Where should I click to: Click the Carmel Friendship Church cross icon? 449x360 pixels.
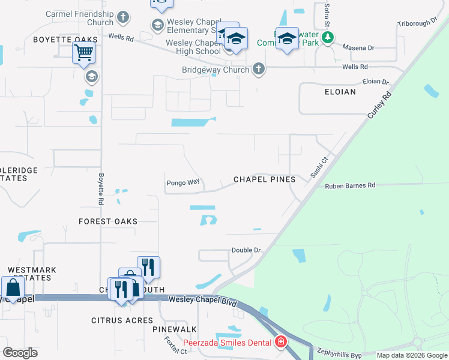click(123, 17)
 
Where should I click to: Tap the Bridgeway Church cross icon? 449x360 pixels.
click(259, 70)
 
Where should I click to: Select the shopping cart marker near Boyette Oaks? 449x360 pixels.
click(83, 53)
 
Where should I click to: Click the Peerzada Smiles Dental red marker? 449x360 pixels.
click(280, 342)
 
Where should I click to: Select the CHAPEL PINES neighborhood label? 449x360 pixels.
click(264, 179)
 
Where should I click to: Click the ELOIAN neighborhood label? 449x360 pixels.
click(340, 92)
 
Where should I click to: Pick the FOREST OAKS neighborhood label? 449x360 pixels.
click(108, 221)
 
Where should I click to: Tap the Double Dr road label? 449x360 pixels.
click(246, 250)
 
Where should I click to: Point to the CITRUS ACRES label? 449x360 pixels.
click(122, 320)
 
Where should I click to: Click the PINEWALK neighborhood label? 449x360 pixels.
click(175, 330)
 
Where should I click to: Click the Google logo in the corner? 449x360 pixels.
click(19, 353)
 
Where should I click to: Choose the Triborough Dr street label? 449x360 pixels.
click(418, 23)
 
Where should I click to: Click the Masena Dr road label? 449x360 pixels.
click(358, 47)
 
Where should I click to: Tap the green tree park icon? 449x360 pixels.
click(327, 38)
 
